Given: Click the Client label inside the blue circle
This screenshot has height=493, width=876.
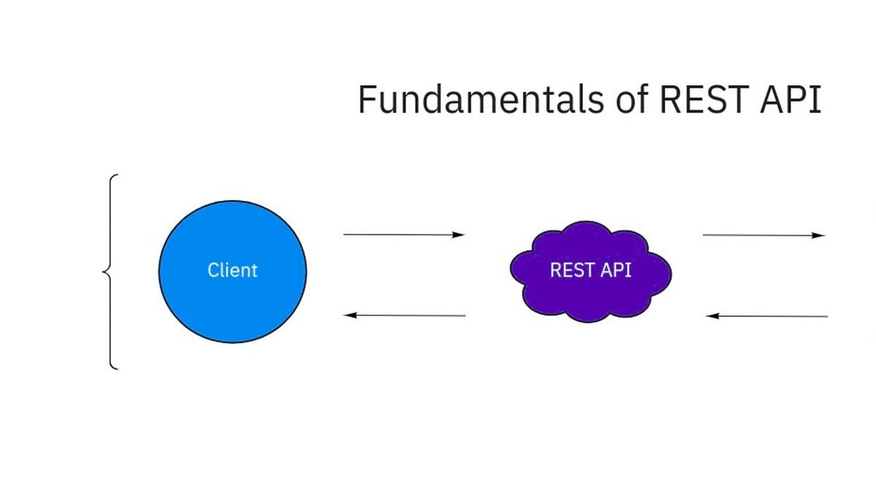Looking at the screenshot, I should click(232, 270).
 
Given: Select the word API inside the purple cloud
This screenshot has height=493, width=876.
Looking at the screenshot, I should click(615, 270).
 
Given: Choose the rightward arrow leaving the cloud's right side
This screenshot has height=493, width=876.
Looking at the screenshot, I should click(759, 235).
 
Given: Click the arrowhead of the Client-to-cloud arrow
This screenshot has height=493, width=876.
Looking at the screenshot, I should click(458, 234).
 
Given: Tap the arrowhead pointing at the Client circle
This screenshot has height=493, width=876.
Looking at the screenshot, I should click(350, 316).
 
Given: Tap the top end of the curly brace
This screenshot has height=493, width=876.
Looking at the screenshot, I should click(115, 176).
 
